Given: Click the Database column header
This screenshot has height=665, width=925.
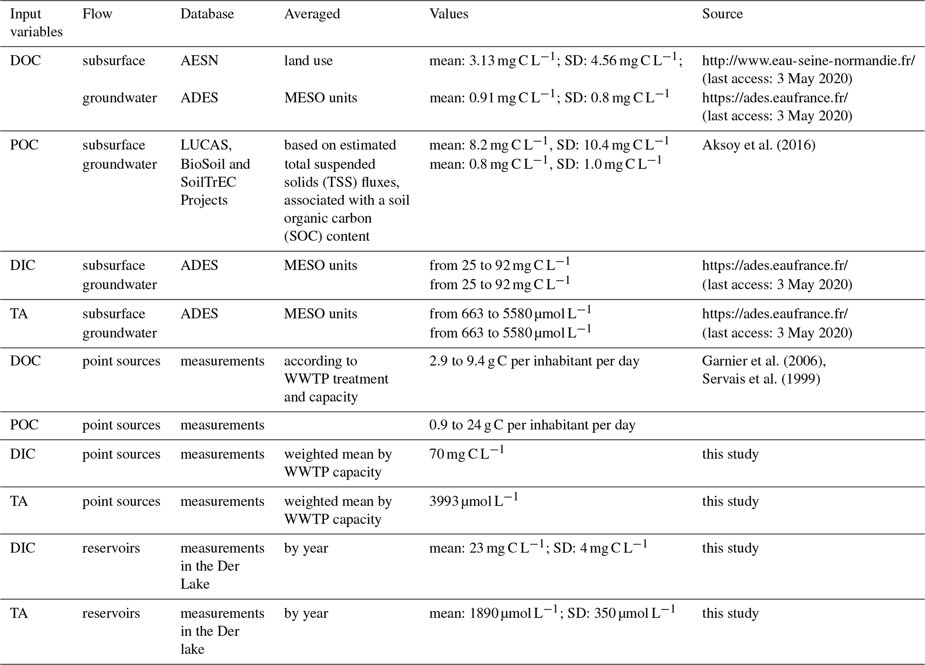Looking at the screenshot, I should coord(207,14).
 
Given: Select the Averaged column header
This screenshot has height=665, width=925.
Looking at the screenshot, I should coord(312,14).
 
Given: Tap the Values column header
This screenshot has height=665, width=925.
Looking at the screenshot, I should coord(448,14).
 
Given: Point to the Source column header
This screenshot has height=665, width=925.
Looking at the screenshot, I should coord(722,14).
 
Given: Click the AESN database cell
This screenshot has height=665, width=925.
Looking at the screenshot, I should coord(199,60).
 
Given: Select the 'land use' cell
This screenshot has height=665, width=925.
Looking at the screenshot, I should coord(308,60).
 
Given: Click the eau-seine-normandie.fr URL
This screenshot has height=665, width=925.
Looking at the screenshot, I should coord(808,60).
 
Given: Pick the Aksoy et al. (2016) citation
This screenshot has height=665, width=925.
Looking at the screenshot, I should coord(759,145).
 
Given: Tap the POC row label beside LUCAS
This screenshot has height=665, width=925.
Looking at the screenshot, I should coord(24,145).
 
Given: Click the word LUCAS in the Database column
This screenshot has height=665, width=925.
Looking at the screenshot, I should coord(206,145).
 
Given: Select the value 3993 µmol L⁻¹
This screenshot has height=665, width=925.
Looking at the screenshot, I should coord(473,501).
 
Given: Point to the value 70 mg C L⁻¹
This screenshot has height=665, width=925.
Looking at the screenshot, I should coord(466,454).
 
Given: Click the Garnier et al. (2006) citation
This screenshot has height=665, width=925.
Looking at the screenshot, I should coord(763,361).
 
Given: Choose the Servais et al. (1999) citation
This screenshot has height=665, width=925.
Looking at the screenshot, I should coord(761,379).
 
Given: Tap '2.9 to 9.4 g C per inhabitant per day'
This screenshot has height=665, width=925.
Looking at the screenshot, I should coord(534,361).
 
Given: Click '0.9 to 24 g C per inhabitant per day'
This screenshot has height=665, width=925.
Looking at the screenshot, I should coord(532,425).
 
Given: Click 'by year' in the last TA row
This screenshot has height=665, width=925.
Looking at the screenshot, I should coord(306,613).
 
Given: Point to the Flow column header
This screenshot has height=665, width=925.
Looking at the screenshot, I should coord(97,14).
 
